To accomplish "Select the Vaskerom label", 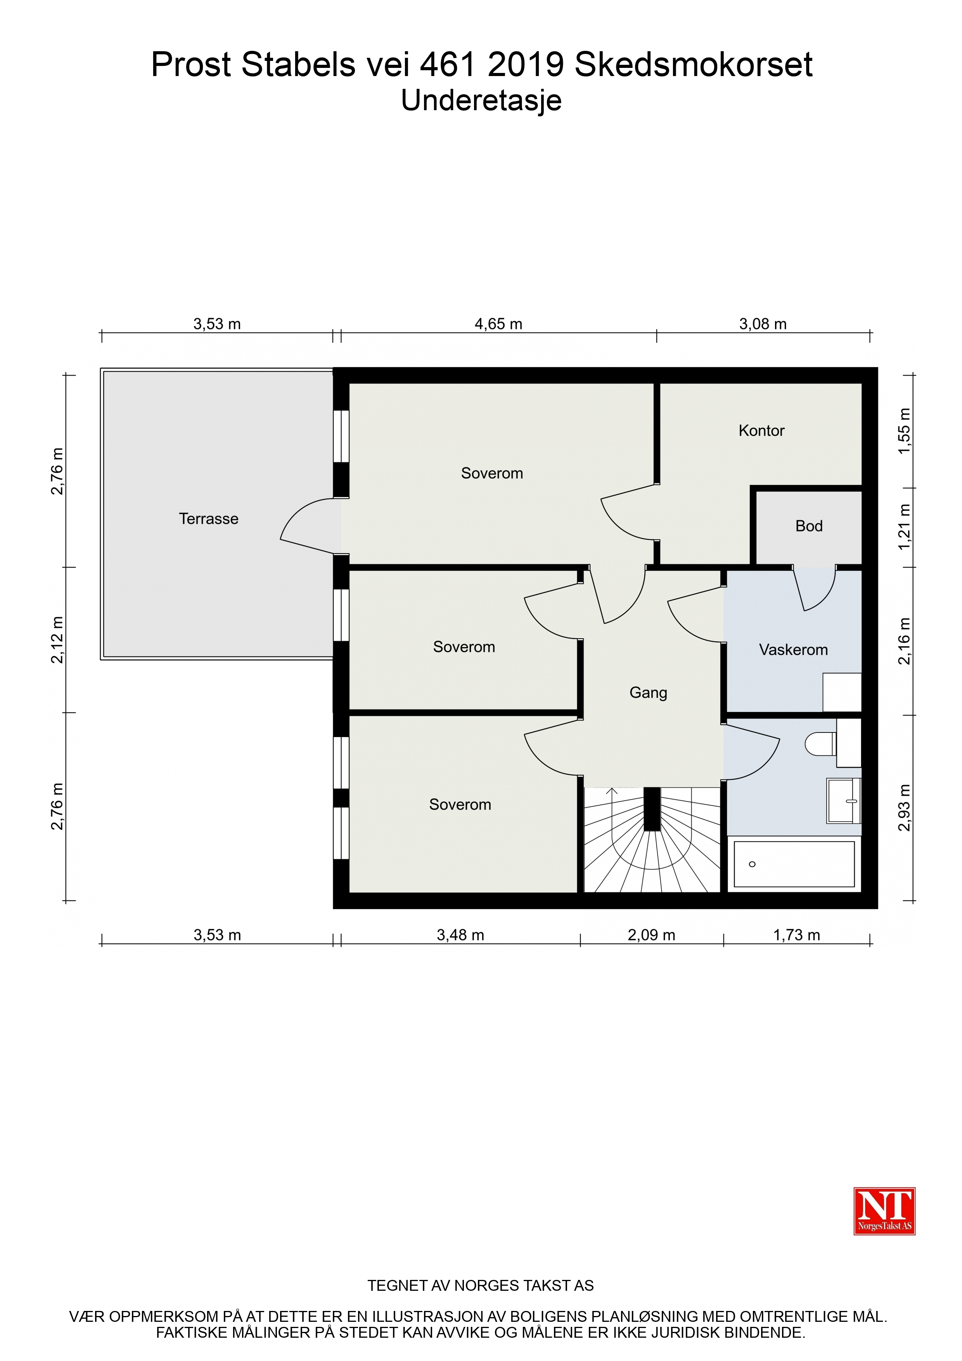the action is [x=793, y=650].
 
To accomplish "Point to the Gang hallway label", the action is [x=649, y=693].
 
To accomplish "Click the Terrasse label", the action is [x=209, y=519].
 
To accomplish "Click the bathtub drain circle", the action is [x=752, y=864].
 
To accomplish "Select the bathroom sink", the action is [x=843, y=801].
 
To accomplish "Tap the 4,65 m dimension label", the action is [x=498, y=324].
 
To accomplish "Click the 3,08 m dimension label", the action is [x=763, y=324].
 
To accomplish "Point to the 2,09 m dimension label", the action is [x=651, y=935].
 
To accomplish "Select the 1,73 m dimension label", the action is [x=797, y=935].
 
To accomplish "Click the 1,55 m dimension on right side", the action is [x=904, y=431].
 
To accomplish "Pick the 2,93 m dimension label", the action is [x=904, y=808].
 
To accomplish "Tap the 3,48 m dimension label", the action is [x=460, y=935].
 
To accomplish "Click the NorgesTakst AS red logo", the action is [x=884, y=1211].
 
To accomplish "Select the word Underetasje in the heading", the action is [x=481, y=100].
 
